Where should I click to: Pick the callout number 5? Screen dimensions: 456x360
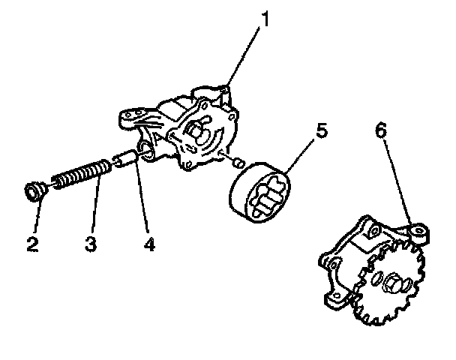coord(320,130)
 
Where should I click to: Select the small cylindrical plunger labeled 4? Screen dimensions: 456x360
coord(124,160)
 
